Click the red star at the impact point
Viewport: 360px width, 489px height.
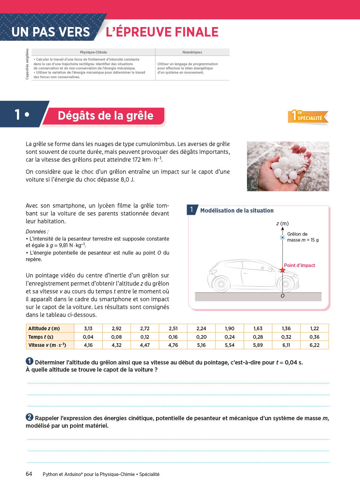click(x=282, y=270)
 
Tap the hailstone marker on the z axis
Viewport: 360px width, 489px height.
click(x=282, y=237)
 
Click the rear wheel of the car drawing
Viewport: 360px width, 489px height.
click(x=221, y=284)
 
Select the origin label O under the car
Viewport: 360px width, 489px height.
click(x=282, y=296)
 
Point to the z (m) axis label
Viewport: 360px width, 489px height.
click(x=282, y=224)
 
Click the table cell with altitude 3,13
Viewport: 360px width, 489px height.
click(x=88, y=328)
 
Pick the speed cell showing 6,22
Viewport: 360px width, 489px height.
click(x=314, y=345)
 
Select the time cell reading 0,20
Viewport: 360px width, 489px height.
click(x=201, y=337)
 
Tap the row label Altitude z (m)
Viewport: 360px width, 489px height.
click(x=44, y=328)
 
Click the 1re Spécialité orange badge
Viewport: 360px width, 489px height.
click(x=308, y=116)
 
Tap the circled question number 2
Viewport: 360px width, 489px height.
click(x=29, y=417)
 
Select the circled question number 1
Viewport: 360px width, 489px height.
click(x=29, y=361)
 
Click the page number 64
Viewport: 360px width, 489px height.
click(x=29, y=474)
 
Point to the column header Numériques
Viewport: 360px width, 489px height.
click(x=192, y=52)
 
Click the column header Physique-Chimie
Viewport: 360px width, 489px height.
click(x=94, y=52)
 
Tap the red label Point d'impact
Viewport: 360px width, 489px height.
click(x=299, y=265)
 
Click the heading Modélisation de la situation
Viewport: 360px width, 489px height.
click(x=237, y=211)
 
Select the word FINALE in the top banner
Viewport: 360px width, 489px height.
click(x=196, y=32)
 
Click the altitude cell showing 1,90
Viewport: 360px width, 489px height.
click(x=230, y=328)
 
